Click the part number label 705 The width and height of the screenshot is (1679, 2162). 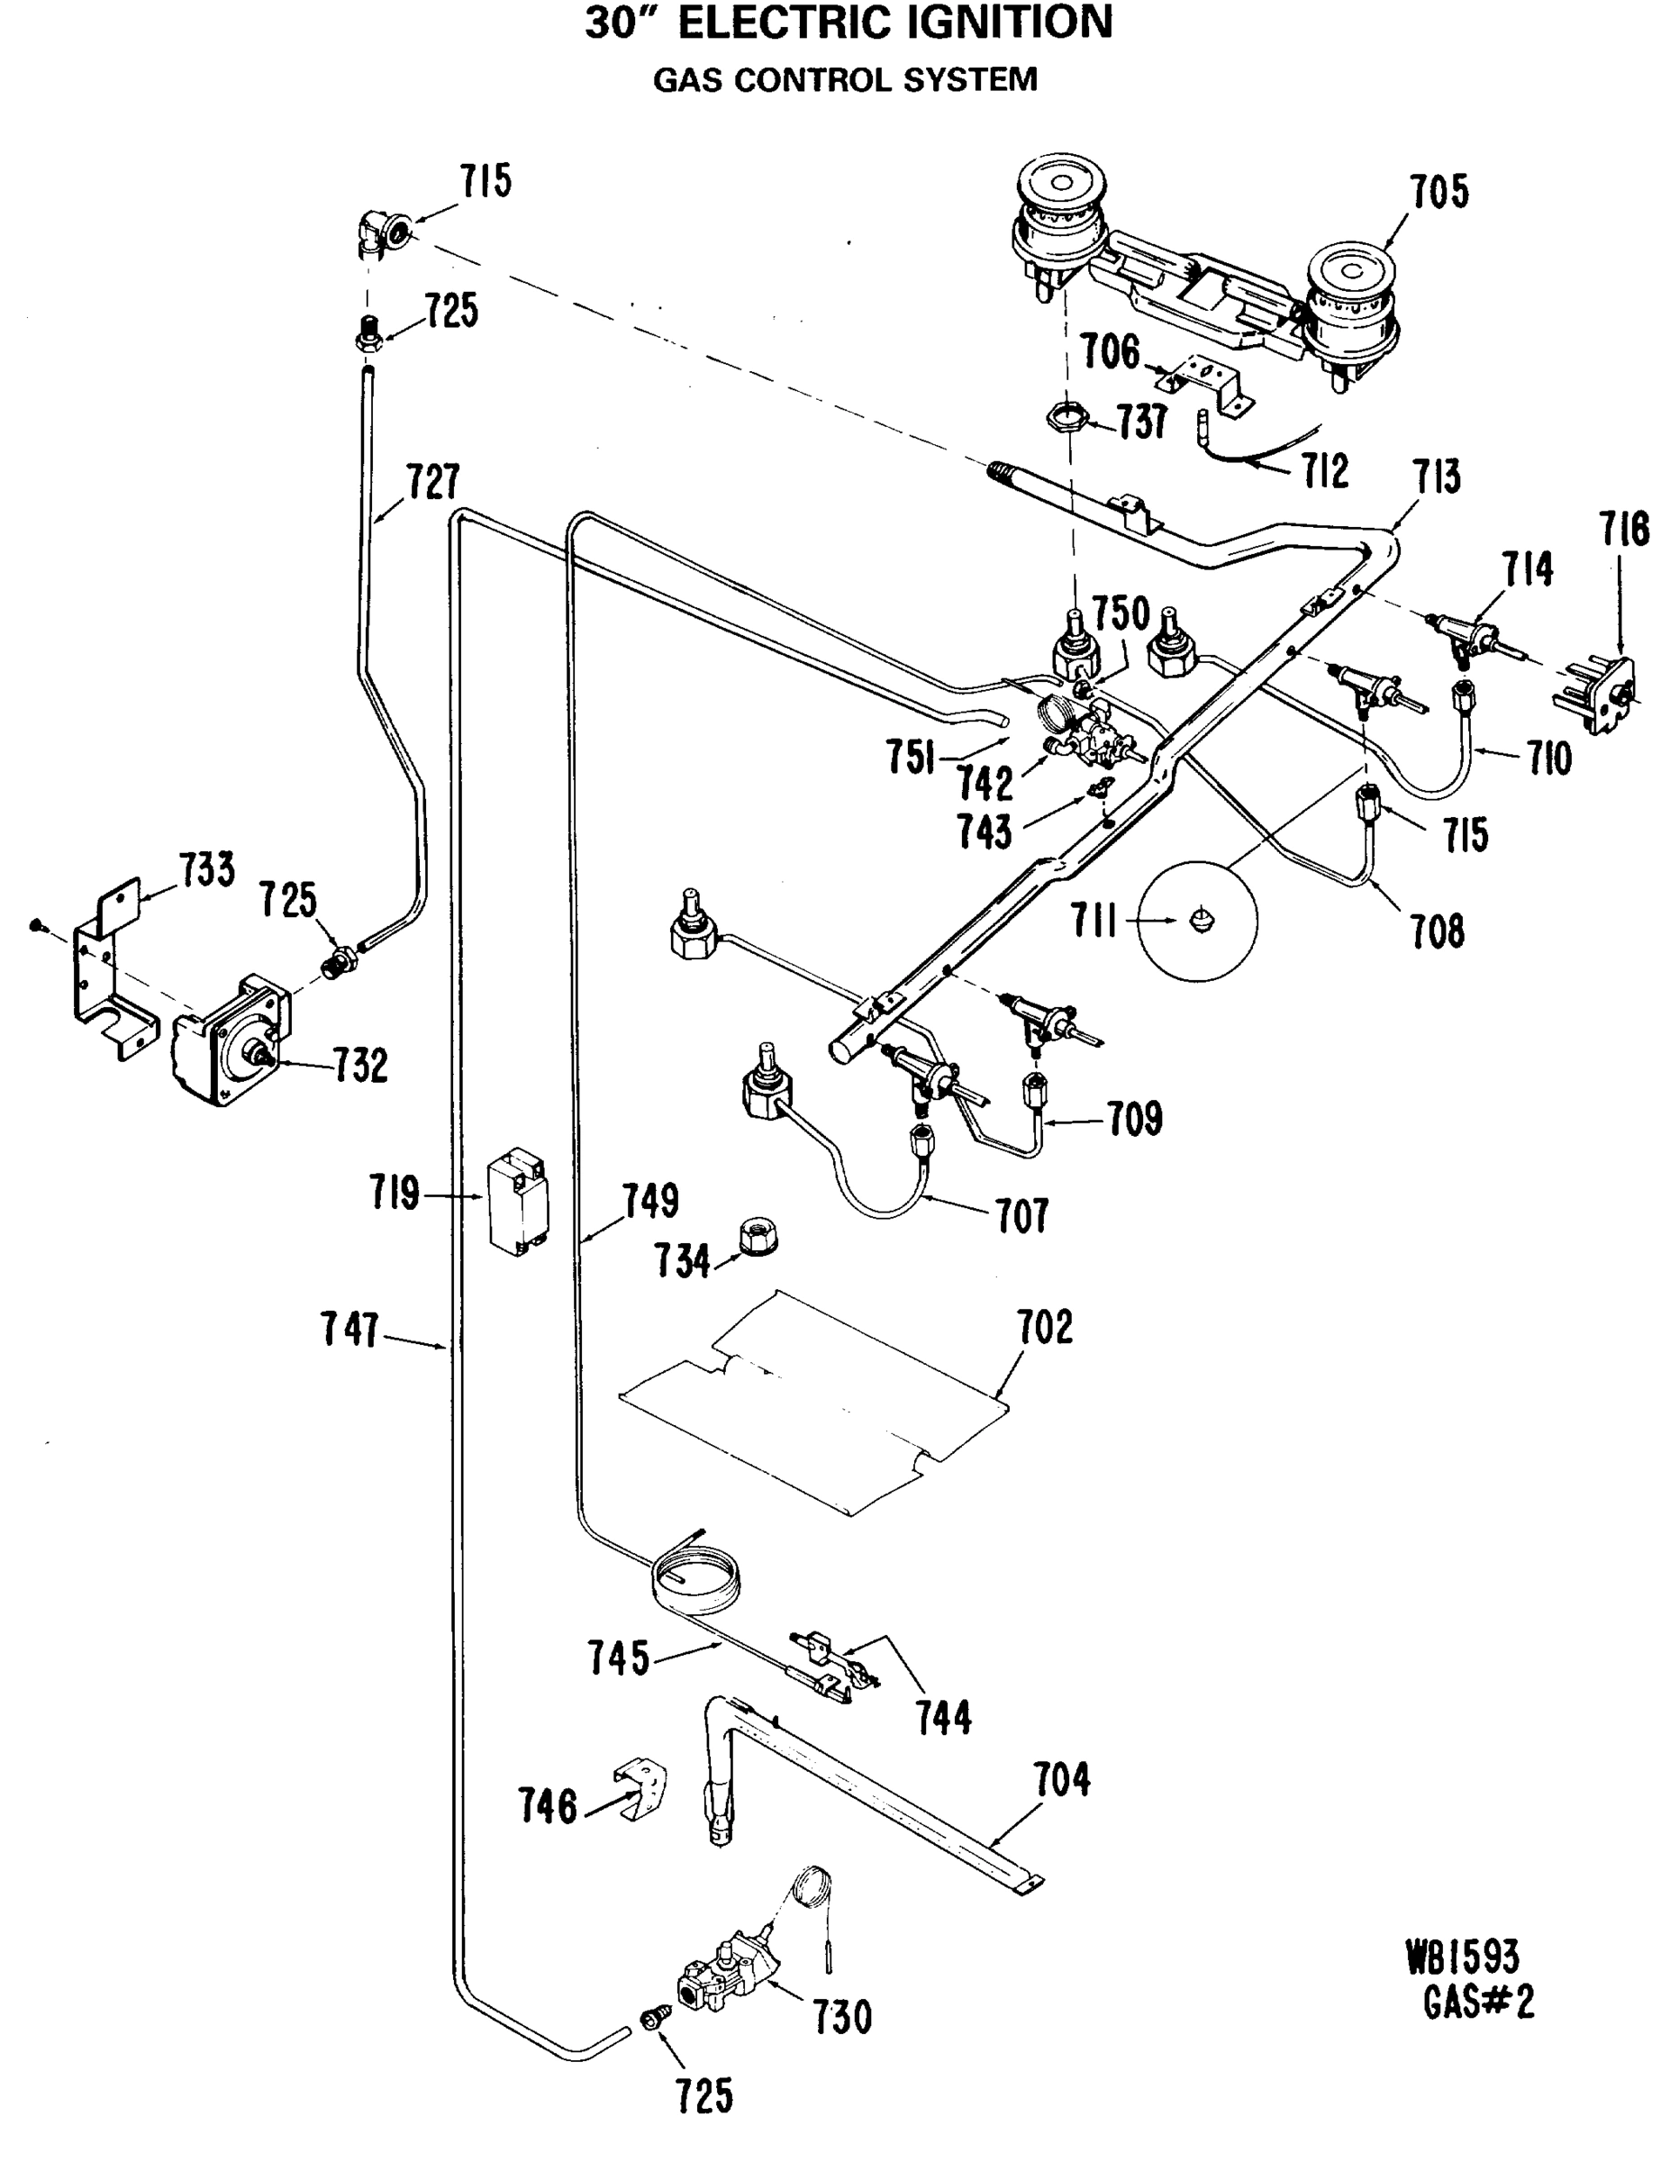point(1439,192)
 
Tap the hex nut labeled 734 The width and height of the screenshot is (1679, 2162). point(758,1238)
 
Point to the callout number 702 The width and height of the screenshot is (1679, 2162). point(1045,1327)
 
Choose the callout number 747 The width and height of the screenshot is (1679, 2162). point(349,1330)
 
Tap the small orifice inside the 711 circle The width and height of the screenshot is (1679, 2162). point(1201,919)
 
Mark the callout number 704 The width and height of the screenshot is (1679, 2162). point(1062,1780)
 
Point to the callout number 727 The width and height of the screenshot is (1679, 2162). point(433,482)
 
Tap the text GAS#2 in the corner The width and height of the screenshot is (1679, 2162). point(1479,2003)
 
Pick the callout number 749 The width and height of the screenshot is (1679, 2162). point(650,1201)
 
